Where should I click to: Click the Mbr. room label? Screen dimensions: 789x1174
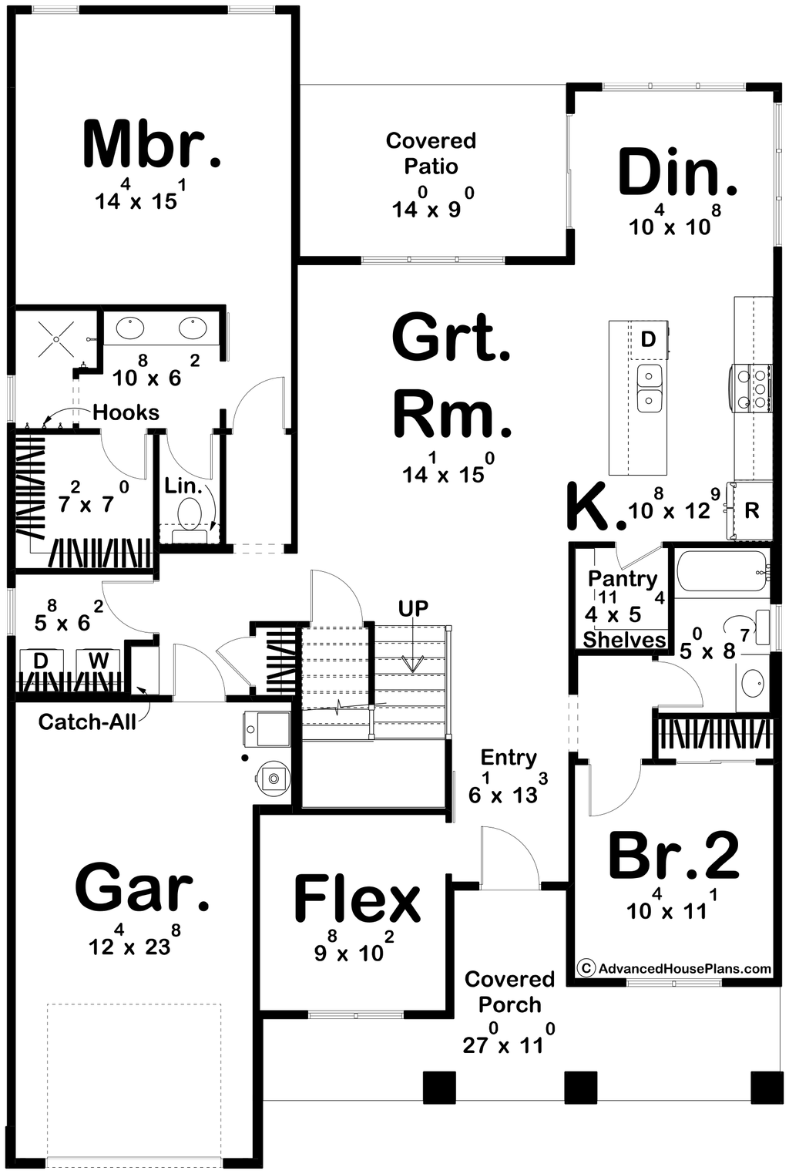[152, 144]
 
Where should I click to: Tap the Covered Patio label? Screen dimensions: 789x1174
[431, 153]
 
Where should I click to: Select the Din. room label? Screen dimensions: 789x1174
[677, 172]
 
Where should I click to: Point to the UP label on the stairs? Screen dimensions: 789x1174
[413, 608]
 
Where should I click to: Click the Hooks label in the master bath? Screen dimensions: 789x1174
[126, 412]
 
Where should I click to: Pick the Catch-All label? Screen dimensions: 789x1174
[87, 722]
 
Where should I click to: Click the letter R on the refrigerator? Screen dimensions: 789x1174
[752, 510]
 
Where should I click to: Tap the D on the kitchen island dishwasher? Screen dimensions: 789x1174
[648, 339]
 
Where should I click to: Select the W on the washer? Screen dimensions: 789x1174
[98, 661]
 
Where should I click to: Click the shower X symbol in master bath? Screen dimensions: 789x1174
[56, 339]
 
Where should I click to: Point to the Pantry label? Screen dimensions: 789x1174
[623, 579]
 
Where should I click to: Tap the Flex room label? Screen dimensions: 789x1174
[358, 900]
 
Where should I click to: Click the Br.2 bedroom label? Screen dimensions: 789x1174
[674, 857]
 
